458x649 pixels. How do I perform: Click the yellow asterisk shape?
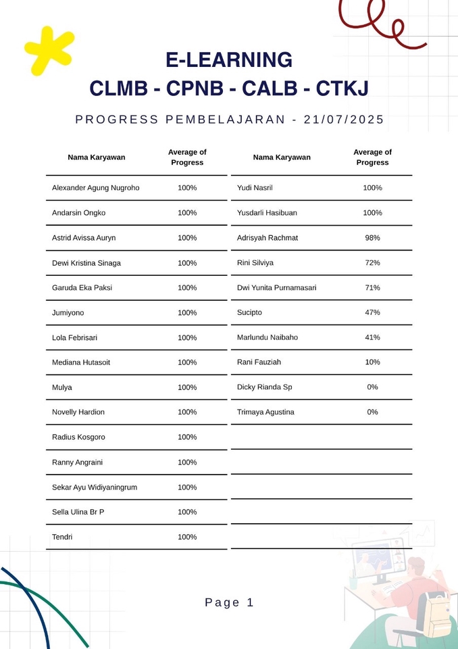47,50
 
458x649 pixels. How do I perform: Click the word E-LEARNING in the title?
229,60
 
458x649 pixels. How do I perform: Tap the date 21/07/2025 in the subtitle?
344,120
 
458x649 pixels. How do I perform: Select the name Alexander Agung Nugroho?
95,188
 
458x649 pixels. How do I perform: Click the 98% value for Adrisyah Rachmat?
372,238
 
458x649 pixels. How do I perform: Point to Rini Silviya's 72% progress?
372,262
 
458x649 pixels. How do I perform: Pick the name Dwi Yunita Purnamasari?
276,287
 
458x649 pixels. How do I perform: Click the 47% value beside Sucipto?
372,312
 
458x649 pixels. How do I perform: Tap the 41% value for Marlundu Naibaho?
372,337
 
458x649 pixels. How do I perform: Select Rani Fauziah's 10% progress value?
372,362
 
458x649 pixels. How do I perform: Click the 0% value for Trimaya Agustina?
372,412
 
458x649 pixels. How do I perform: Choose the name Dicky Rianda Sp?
264,387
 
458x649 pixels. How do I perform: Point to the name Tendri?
62,537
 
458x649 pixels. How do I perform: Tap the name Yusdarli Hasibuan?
267,213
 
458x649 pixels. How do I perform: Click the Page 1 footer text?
229,602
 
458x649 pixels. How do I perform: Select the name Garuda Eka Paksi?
82,287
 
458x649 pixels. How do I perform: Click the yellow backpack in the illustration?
432,612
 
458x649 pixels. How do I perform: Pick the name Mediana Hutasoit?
81,362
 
